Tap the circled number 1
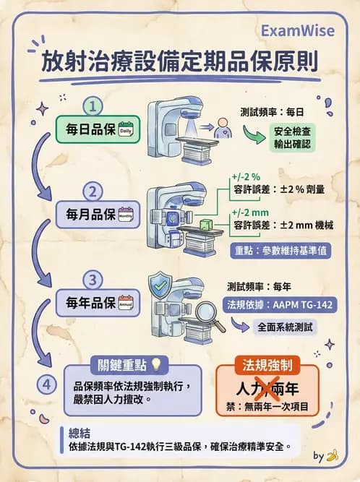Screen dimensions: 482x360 (93, 107)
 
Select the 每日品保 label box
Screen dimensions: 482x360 (97, 130)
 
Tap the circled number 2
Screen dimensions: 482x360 (93, 191)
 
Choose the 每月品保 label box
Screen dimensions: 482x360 (97, 215)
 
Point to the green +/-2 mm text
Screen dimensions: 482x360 (250, 213)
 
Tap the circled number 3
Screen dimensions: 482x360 (93, 278)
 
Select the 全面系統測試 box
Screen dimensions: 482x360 (287, 327)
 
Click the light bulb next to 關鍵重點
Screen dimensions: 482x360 (155, 364)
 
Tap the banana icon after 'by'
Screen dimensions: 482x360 (333, 456)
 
